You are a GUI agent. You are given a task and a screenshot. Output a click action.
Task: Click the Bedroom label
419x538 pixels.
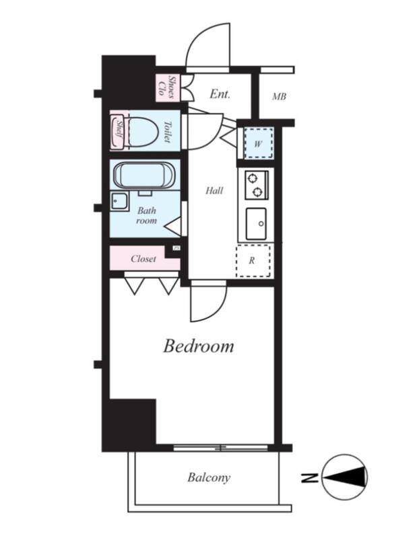coord(198,346)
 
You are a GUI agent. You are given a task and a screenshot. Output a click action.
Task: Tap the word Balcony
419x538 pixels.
coord(209,477)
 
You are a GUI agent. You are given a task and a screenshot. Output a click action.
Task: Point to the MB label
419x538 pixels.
coord(279,97)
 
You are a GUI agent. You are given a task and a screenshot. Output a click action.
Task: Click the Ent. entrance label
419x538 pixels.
coord(220,94)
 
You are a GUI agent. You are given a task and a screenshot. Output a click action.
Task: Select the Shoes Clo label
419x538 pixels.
coord(166,88)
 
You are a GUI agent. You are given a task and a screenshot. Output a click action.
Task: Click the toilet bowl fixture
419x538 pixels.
coord(143,131)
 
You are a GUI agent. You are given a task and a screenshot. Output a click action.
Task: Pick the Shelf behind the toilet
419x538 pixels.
coord(117,131)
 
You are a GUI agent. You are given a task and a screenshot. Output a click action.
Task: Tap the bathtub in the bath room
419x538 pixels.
coord(143,175)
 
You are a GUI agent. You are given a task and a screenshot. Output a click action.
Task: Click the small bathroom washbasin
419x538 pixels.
coord(119,202)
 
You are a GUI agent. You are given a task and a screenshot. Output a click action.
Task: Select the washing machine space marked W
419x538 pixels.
coord(258,143)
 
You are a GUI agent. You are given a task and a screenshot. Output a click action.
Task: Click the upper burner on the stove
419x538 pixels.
coord(253,178)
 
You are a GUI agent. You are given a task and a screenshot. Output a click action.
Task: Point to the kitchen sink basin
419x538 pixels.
coord(256,224)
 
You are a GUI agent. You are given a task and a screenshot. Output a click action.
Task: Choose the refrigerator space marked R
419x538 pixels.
coord(253,261)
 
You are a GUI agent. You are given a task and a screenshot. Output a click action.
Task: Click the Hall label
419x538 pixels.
coord(214,190)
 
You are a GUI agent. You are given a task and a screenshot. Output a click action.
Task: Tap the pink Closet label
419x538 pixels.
coord(143,259)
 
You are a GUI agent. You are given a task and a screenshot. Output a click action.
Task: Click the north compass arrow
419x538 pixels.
coord(345,477)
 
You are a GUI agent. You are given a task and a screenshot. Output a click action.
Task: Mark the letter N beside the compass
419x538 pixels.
coord(309,477)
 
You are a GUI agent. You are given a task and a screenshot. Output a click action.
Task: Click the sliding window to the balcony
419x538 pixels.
coord(220,447)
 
